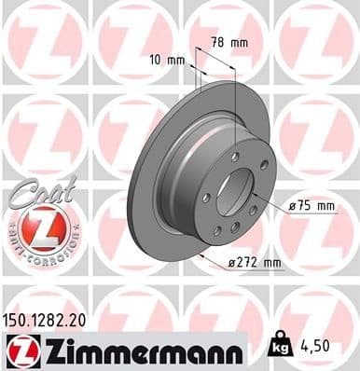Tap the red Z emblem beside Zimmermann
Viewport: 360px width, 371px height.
tap(20, 351)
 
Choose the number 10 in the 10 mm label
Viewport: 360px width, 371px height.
tap(154, 60)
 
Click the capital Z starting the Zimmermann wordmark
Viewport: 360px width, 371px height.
tap(45, 351)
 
